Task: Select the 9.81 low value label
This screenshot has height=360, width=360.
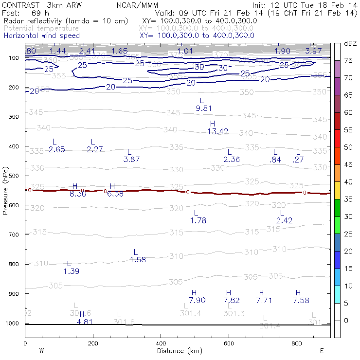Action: pos(204,108)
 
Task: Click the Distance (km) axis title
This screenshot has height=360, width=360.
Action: pos(178,351)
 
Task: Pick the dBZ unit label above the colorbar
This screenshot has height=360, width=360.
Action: pos(350,43)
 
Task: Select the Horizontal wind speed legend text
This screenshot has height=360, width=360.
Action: pos(41,36)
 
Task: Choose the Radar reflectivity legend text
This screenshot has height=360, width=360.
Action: pos(66,21)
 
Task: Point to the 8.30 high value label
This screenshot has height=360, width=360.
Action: pos(78,194)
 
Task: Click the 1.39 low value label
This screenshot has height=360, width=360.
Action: pos(72,271)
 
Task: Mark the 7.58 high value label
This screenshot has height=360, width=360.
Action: pos(301,300)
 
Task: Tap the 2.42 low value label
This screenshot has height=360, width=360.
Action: pos(285,220)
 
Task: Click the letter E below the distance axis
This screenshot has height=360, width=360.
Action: pos(322,351)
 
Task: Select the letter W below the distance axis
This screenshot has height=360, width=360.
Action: pos(41,351)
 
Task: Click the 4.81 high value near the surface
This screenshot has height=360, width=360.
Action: pos(85,321)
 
